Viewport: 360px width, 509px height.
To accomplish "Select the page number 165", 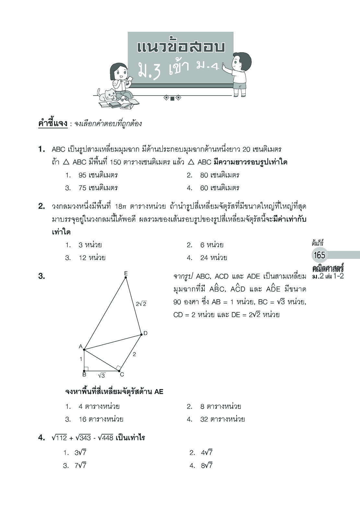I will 319,255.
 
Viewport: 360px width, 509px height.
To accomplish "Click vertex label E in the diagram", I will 126,273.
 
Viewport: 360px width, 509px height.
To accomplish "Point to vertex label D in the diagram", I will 145,333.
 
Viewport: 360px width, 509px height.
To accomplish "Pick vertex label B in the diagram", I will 84,375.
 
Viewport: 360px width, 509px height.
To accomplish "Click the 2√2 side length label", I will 141,304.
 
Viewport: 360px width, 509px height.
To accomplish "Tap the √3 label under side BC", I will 101,375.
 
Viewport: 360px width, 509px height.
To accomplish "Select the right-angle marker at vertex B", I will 86,369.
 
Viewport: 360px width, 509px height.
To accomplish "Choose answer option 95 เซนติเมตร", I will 98,175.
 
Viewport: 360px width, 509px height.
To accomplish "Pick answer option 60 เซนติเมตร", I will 219,188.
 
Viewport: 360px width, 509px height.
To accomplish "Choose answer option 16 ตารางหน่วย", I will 101,419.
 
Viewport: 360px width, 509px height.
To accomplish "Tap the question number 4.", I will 41,438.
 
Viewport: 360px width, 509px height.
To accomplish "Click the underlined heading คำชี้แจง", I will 52,123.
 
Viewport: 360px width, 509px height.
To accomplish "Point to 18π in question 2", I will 122,206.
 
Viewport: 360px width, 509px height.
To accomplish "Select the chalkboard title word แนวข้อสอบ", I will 180,47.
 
